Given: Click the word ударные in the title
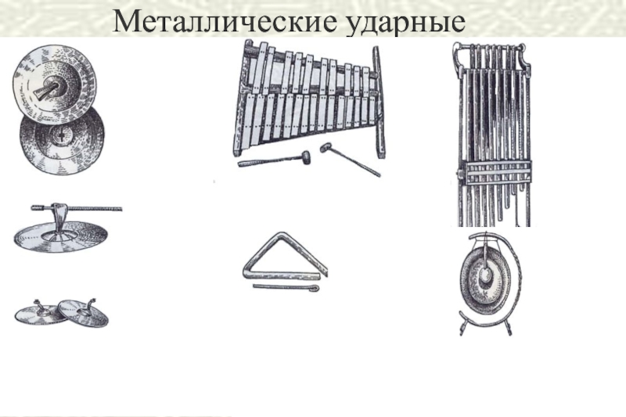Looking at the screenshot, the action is (404, 23).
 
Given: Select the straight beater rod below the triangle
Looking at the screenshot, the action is (286, 287).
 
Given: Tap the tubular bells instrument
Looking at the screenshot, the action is (494, 135).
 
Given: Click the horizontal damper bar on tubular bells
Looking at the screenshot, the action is (495, 172).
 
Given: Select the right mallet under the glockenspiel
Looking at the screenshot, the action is (350, 160).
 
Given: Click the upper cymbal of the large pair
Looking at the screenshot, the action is (54, 82).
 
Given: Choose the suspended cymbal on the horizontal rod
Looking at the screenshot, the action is (62, 236).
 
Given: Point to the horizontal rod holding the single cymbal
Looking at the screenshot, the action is (77, 208).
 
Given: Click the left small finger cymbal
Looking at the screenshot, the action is (40, 315).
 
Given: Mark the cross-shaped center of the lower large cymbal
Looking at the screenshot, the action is (61, 136).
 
